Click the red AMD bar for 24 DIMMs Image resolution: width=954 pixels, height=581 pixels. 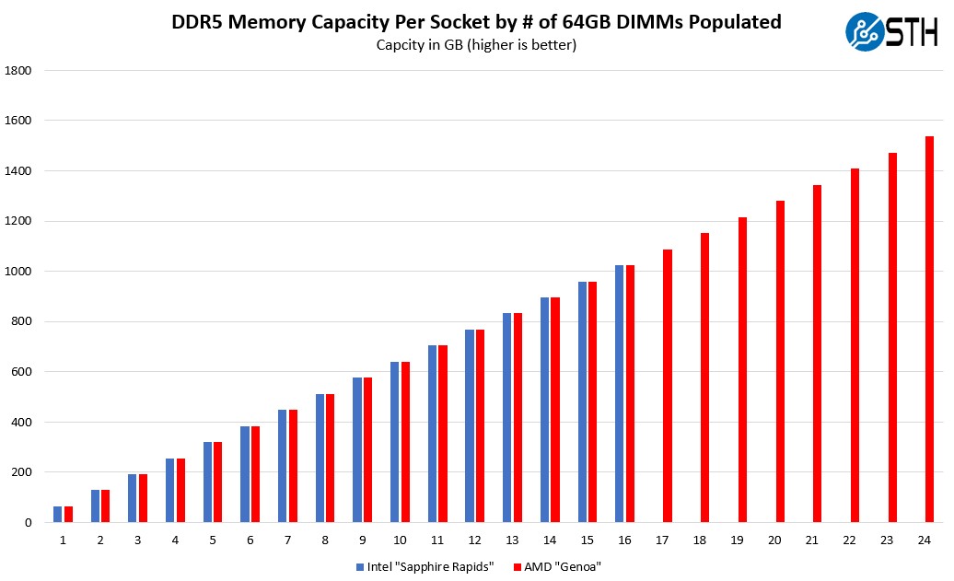pyautogui.click(x=929, y=330)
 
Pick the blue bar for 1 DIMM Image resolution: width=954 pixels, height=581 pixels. pyautogui.click(x=57, y=515)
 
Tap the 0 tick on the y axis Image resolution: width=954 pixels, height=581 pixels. pyautogui.click(x=28, y=523)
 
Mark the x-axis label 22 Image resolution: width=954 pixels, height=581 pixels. pyautogui.click(x=854, y=540)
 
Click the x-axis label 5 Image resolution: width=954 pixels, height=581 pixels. pyautogui.click(x=213, y=540)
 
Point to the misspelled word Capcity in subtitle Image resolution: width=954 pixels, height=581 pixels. pyautogui.click(x=401, y=45)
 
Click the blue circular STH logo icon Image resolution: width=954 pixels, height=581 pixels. pyautogui.click(x=864, y=31)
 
